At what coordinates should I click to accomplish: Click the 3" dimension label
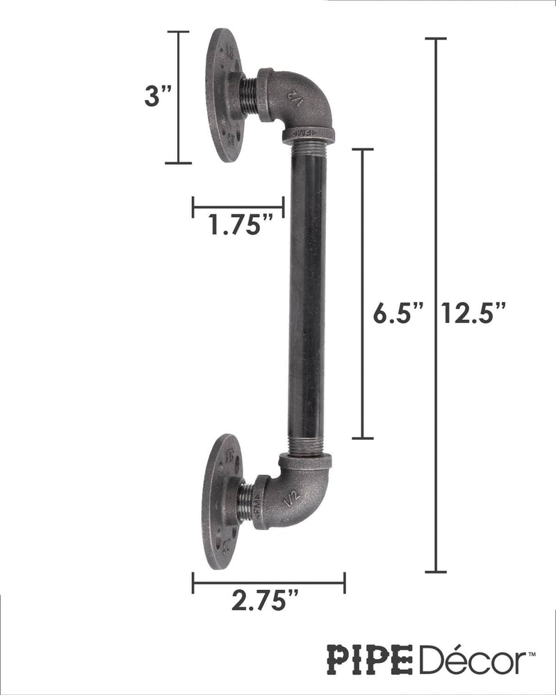157,95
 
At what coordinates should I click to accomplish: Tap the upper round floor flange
224,95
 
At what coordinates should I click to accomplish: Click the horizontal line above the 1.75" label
238,206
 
